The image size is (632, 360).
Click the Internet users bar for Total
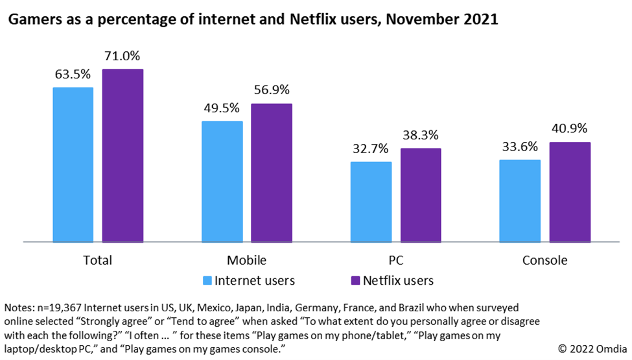pyautogui.click(x=73, y=165)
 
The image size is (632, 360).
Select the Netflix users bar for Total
pyautogui.click(x=123, y=156)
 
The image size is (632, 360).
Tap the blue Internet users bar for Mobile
pyautogui.click(x=222, y=182)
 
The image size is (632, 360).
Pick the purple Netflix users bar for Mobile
pyautogui.click(x=272, y=173)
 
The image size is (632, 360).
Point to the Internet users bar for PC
pyautogui.click(x=371, y=202)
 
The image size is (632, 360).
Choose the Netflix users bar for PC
pyautogui.click(x=421, y=195)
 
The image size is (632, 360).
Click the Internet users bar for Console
pyautogui.click(x=520, y=201)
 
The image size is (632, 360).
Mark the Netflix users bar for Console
pyautogui.click(x=570, y=192)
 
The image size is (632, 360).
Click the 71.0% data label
pyautogui.click(x=123, y=56)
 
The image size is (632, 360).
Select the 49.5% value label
pyautogui.click(x=222, y=108)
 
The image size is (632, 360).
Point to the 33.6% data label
pyautogui.click(x=519, y=147)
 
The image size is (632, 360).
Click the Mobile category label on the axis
pyautogui.click(x=247, y=261)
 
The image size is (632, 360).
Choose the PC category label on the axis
pyautogui.click(x=395, y=261)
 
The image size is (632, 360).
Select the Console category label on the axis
pyautogui.click(x=545, y=261)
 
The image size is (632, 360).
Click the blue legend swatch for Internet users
pyautogui.click(x=208, y=281)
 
